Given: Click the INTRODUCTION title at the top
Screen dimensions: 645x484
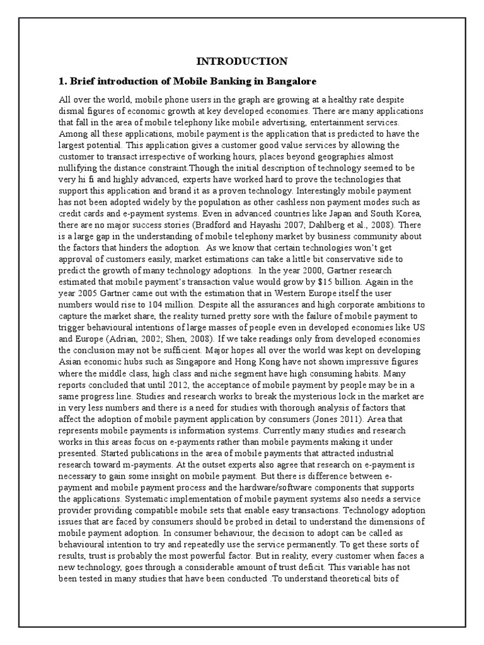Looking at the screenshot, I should (242, 61).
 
